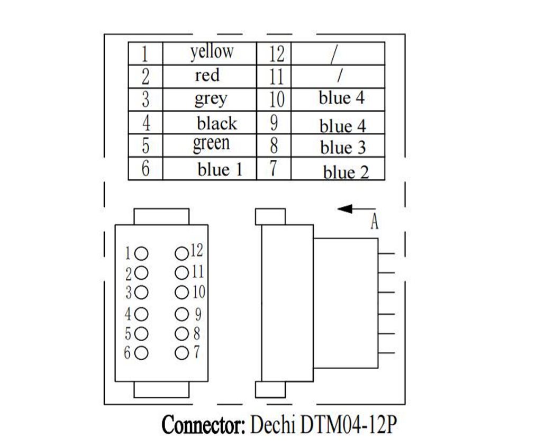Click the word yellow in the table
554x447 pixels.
212,52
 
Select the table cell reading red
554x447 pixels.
207,76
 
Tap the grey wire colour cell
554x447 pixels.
210,99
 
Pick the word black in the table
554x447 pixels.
216,124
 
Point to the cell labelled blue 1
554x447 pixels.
220,170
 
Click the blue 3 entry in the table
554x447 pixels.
342,148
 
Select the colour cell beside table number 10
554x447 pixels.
341,98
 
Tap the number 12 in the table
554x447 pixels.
276,53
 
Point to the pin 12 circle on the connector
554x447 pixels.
181,253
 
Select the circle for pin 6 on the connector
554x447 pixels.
141,353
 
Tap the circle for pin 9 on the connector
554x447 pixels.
181,314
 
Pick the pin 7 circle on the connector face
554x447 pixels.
181,352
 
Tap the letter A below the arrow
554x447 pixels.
374,223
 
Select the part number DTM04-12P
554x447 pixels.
348,425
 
